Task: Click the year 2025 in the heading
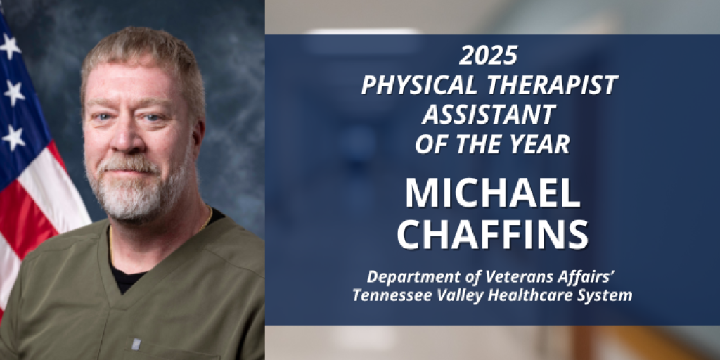(489, 54)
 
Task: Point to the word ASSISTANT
(489, 115)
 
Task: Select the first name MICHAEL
(492, 193)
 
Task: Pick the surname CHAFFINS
(492, 236)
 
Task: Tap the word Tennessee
(387, 295)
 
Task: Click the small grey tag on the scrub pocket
(136, 343)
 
